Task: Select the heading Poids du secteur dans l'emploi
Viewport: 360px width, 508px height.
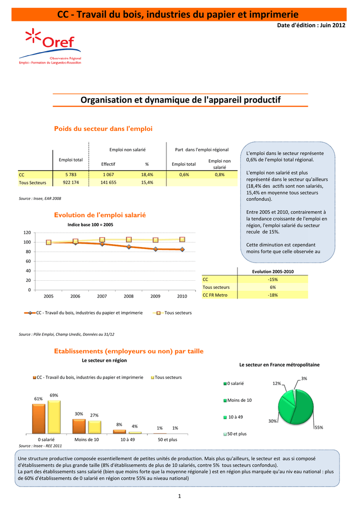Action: click(103, 129)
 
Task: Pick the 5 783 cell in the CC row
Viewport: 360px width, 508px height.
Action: click(71, 175)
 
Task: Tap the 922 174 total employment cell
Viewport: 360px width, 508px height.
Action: click(71, 183)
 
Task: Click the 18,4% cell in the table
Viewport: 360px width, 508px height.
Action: click(147, 175)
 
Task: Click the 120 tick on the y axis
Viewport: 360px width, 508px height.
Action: click(27, 233)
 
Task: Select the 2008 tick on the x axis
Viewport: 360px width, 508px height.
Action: click(129, 296)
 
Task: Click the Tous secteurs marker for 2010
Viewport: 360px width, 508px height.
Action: click(182, 240)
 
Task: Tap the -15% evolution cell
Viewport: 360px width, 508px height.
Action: click(273, 279)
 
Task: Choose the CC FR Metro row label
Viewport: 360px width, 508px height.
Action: click(215, 295)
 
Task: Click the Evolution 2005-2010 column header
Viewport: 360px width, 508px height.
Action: click(273, 272)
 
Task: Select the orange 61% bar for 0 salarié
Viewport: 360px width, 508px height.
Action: click(38, 419)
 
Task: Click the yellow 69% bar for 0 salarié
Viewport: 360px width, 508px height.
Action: click(54, 417)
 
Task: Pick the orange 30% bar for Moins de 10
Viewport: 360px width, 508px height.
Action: click(78, 426)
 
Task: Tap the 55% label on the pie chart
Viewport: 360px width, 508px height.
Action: click(319, 427)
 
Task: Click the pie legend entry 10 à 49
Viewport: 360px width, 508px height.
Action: click(235, 417)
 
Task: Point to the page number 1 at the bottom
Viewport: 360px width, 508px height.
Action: click(179, 497)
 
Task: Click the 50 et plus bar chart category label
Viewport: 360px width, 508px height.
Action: click(167, 440)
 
